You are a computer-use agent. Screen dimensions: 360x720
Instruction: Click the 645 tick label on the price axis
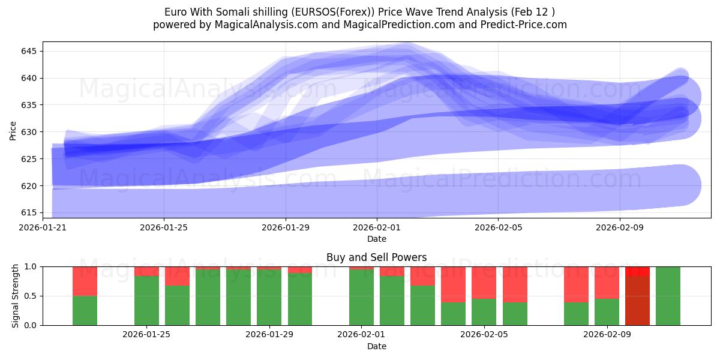click(x=28, y=51)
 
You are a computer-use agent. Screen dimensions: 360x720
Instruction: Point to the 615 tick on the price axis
click(x=28, y=212)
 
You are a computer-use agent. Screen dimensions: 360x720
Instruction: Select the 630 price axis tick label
click(x=28, y=132)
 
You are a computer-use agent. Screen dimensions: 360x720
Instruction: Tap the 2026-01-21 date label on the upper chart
click(x=43, y=227)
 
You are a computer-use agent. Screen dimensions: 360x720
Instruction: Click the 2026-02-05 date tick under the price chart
click(x=498, y=227)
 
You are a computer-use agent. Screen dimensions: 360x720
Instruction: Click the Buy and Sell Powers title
click(x=376, y=257)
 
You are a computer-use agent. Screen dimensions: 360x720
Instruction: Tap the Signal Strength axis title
click(x=16, y=296)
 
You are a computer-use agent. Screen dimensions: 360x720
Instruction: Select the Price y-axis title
click(x=13, y=130)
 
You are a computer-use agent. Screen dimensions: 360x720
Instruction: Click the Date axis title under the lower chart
click(x=376, y=346)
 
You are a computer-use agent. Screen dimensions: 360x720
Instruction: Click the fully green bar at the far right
click(x=668, y=296)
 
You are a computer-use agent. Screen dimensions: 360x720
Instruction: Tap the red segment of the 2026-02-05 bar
click(x=484, y=282)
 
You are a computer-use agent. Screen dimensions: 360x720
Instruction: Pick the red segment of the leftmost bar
click(x=85, y=281)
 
